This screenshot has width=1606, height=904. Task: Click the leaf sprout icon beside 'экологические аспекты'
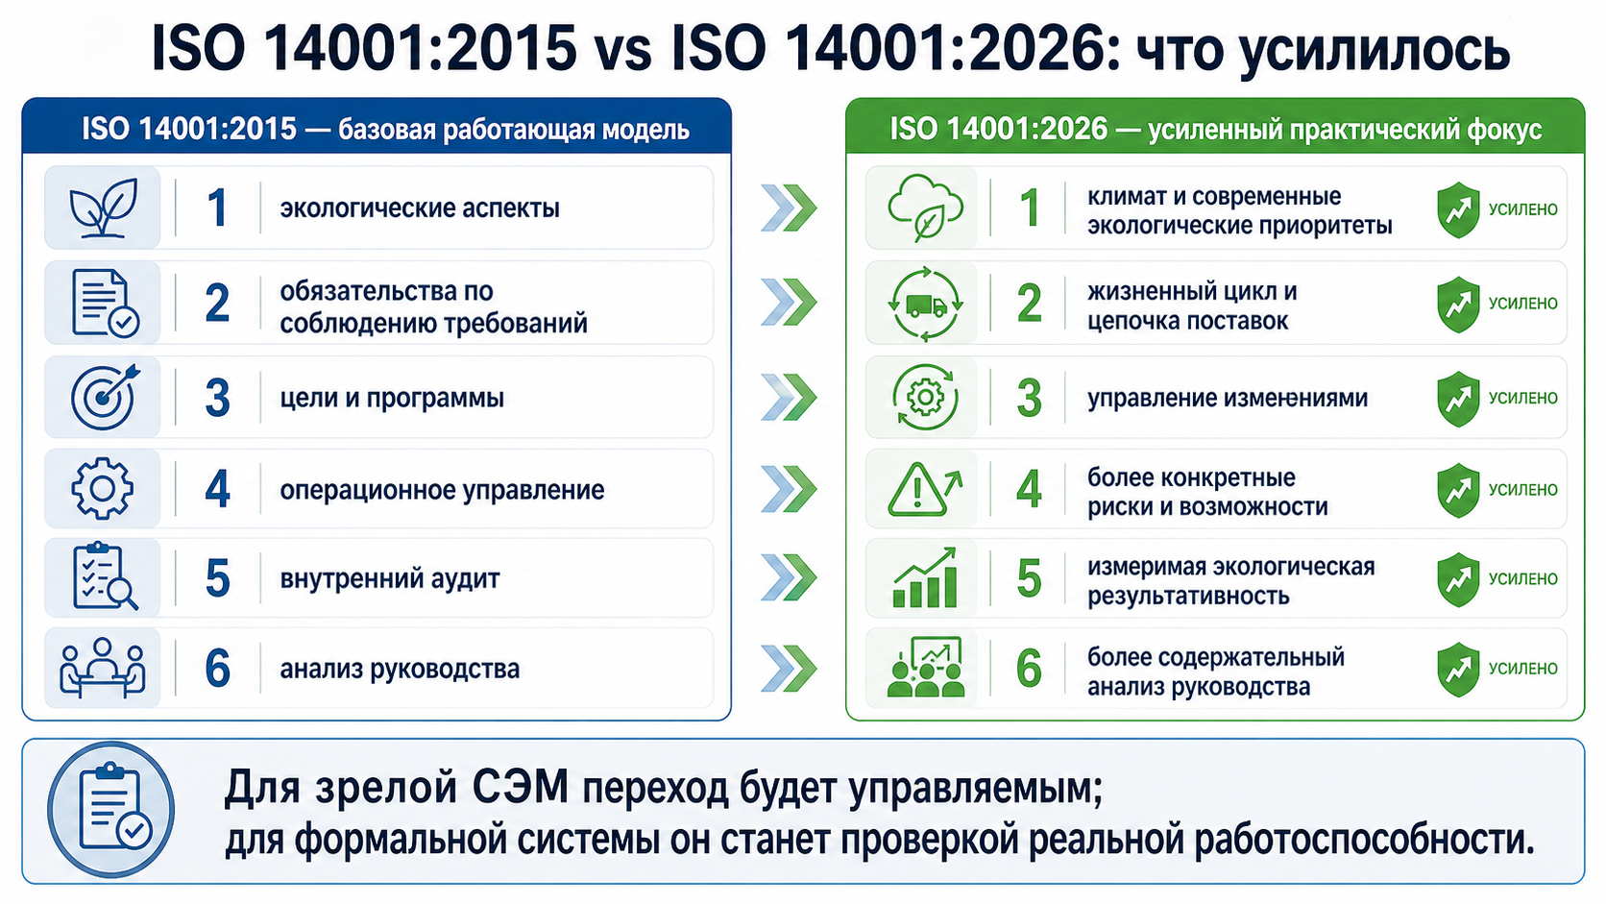coord(103,208)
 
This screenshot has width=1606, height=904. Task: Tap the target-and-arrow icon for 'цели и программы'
coord(105,397)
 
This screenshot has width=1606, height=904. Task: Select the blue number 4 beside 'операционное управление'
coord(217,490)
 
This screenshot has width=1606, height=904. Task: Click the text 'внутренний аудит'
coord(389,577)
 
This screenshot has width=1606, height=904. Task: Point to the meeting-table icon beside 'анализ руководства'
coord(103,668)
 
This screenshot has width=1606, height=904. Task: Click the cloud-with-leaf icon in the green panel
coord(925,208)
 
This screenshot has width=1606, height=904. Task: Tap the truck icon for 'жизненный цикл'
coord(926,304)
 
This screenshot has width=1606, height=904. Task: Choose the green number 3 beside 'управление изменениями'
coord(1029,398)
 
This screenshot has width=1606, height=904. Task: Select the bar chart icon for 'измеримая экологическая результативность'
coord(925,577)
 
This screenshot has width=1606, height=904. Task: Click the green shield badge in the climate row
coord(1458,209)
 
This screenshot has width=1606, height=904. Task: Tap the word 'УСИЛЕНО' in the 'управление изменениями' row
coord(1522,398)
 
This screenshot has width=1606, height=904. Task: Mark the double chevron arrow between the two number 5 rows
coord(789,577)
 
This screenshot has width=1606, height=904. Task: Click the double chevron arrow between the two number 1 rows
coord(789,208)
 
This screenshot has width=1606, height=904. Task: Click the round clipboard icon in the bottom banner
coord(111,810)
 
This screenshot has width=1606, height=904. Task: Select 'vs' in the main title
coord(623,49)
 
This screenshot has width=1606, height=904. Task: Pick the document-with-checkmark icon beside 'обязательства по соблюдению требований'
coord(105,303)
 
